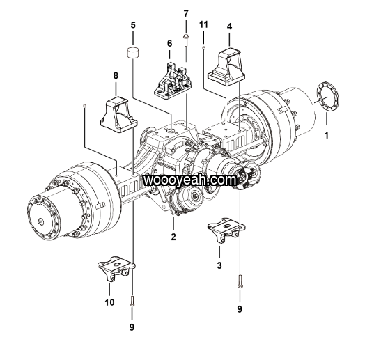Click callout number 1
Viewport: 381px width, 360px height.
327,135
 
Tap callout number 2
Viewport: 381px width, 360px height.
173,237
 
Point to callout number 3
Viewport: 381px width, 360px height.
219,265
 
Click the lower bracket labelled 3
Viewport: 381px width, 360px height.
226,230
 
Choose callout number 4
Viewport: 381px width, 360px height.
230,26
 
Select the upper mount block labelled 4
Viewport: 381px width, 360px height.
226,68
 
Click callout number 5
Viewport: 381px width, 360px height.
133,25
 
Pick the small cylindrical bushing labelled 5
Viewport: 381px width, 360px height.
133,53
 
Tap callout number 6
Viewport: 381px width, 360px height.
169,43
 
